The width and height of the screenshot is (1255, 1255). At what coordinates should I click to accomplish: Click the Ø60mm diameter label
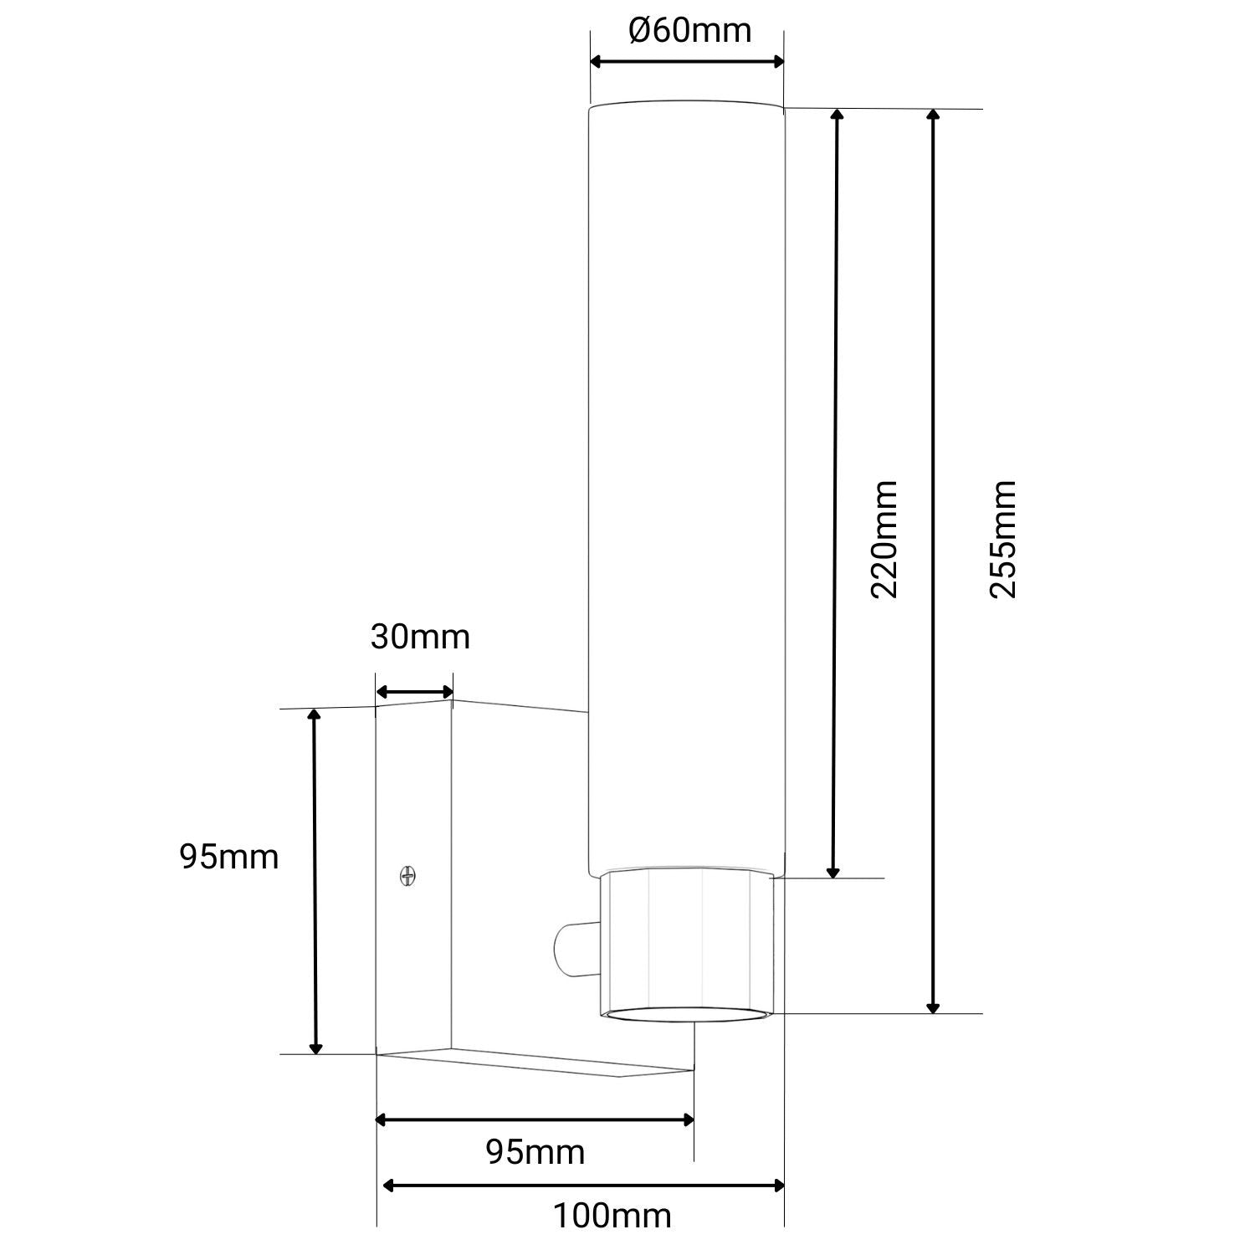click(689, 31)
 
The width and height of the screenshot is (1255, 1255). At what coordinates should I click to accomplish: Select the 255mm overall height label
click(1002, 539)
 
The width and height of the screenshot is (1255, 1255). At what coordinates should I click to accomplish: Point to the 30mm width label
click(420, 637)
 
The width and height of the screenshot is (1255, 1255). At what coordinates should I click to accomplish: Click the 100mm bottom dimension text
click(612, 1215)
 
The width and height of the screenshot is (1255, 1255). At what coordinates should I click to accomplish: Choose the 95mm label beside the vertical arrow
click(228, 857)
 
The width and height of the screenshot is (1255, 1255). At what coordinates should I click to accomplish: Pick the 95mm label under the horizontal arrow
click(535, 1152)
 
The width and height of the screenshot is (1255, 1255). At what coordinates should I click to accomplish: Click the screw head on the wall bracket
click(407, 876)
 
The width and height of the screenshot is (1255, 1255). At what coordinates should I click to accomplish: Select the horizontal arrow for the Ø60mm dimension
click(687, 61)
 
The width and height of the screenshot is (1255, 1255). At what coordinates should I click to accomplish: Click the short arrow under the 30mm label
click(414, 692)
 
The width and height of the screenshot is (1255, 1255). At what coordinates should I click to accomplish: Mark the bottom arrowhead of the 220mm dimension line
click(832, 872)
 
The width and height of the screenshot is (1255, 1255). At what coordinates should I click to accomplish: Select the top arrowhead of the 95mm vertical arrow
click(315, 715)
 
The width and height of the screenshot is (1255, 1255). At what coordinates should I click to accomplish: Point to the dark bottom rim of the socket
click(691, 1015)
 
